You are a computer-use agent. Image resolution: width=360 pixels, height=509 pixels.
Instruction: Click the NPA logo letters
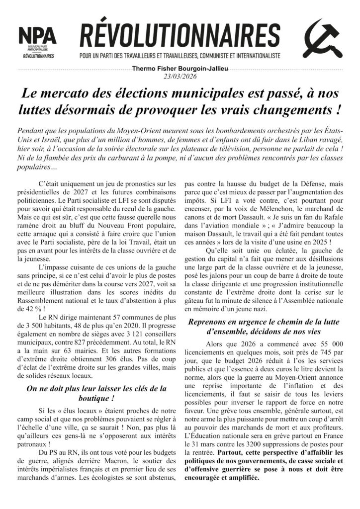pyautogui.click(x=37, y=36)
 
